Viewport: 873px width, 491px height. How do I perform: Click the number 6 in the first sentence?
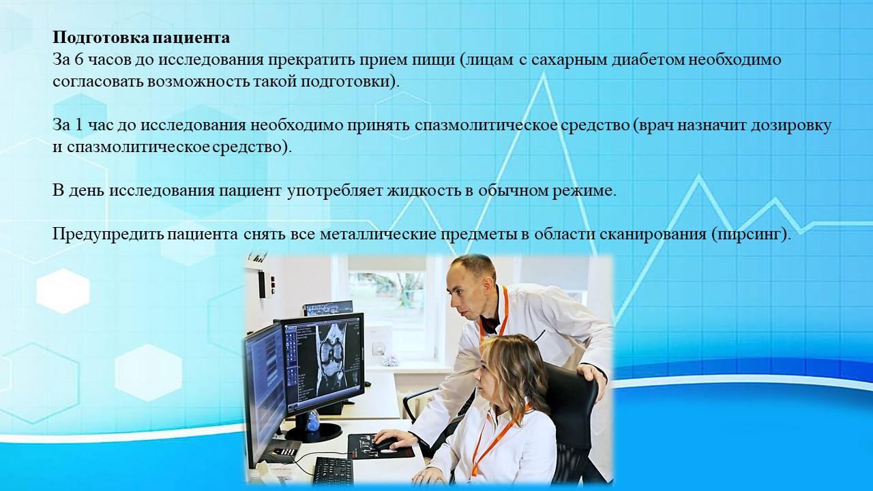pos(78,61)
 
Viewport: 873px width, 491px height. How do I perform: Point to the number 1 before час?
pos(78,125)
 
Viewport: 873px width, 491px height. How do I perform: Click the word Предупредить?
pos(108,235)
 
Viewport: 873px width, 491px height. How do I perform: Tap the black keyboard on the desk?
pos(334,471)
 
